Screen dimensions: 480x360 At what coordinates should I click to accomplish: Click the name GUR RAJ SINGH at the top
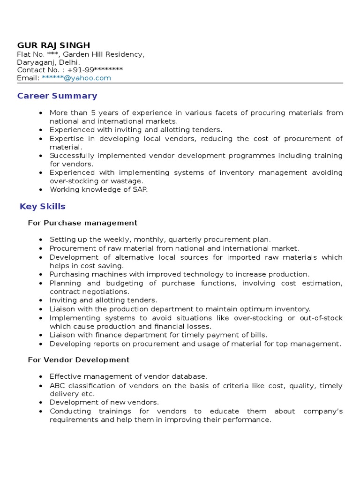pos(53,45)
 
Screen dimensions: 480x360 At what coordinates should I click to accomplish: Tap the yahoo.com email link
pos(76,78)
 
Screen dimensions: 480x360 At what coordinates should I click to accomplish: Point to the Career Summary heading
pos(57,96)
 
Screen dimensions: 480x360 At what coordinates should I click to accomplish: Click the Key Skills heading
pos(43,207)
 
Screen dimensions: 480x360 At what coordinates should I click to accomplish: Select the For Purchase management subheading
pos(82,223)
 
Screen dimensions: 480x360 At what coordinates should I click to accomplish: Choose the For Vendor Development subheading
pos(79,360)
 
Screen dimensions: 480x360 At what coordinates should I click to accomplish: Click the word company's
pos(323,412)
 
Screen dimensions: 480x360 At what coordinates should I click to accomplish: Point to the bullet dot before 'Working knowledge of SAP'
pos(41,190)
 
